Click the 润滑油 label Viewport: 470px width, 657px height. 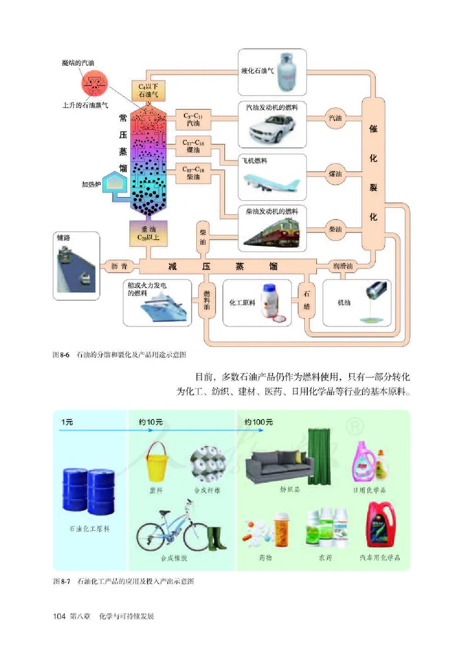pyautogui.click(x=343, y=266)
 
